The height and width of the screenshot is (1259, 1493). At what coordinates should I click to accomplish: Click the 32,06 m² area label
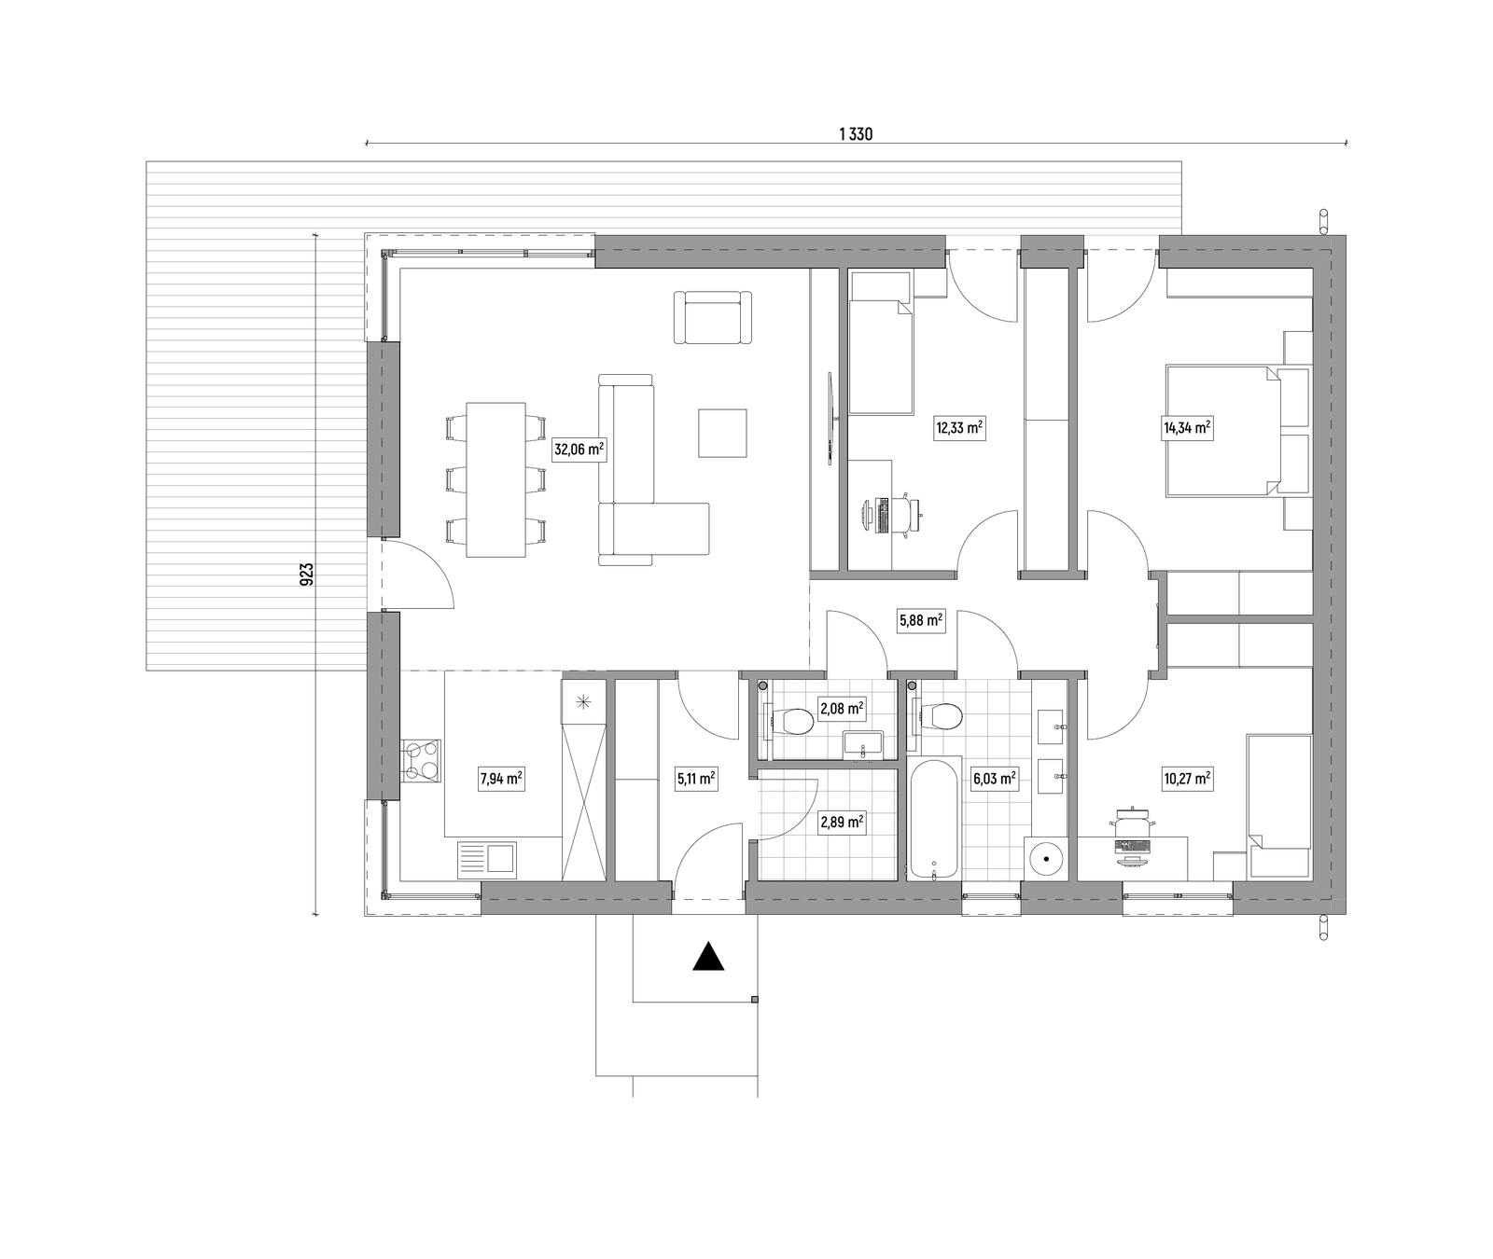coord(579,450)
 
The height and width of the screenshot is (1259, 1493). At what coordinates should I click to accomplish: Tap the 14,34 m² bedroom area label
coord(1186,428)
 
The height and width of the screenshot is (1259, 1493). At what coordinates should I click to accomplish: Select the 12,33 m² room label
coord(959,428)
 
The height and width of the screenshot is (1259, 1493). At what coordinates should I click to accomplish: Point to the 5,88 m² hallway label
coord(920,620)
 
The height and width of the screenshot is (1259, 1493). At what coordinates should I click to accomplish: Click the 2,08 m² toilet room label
coord(841,709)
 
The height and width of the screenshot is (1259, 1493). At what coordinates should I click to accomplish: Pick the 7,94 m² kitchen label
coord(501,778)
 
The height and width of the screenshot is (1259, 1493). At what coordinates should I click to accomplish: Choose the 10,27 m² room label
coord(1186,778)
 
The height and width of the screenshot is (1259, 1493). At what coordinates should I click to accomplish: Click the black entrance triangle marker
coord(709,958)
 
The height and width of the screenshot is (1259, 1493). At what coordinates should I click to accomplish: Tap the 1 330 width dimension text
coord(856,134)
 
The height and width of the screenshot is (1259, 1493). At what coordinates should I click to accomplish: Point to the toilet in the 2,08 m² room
coord(789,720)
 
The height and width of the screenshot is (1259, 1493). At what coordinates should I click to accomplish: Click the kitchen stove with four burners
coord(422,760)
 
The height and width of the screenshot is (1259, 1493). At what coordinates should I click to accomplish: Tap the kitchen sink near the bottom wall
coord(486,859)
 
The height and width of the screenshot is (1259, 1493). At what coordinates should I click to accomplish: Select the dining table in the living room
coord(495,479)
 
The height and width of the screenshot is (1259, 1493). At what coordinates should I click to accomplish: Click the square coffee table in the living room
coord(722,433)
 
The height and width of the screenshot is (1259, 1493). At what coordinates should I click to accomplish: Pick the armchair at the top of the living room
coord(713,317)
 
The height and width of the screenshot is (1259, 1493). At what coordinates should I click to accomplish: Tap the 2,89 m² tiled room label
coord(841,823)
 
